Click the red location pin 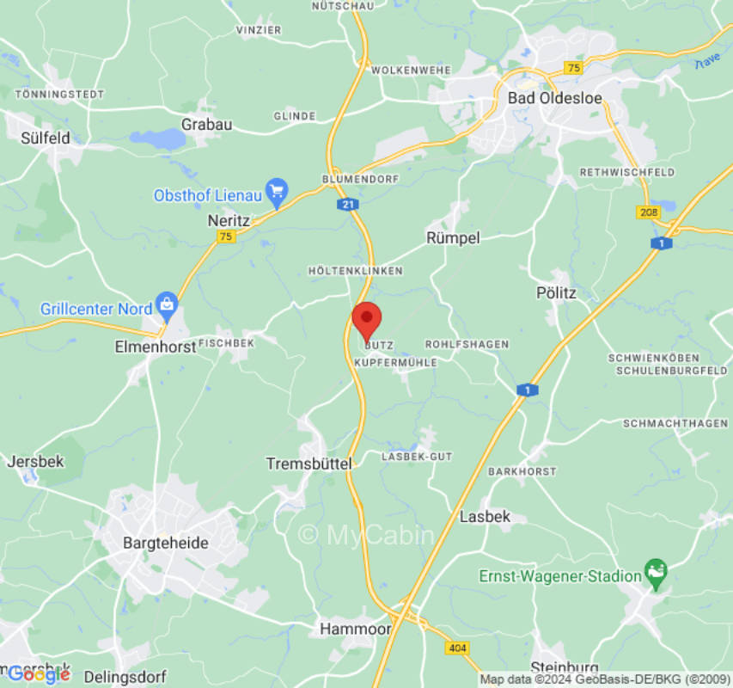pyautogui.click(x=367, y=319)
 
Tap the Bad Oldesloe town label pyautogui.click(x=554, y=98)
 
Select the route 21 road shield pyautogui.click(x=346, y=205)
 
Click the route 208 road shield pyautogui.click(x=647, y=212)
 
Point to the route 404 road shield pyautogui.click(x=456, y=647)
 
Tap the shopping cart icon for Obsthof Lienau pyautogui.click(x=277, y=191)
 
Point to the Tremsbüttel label pyautogui.click(x=309, y=464)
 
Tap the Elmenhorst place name pyautogui.click(x=150, y=347)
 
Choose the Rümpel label pyautogui.click(x=453, y=237)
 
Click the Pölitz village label pyautogui.click(x=556, y=293)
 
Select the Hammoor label pyautogui.click(x=349, y=630)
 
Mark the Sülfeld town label pyautogui.click(x=45, y=138)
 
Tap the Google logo pyautogui.click(x=39, y=674)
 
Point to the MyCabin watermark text pyautogui.click(x=366, y=535)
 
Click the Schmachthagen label pyautogui.click(x=675, y=424)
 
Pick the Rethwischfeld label pyautogui.click(x=627, y=172)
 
